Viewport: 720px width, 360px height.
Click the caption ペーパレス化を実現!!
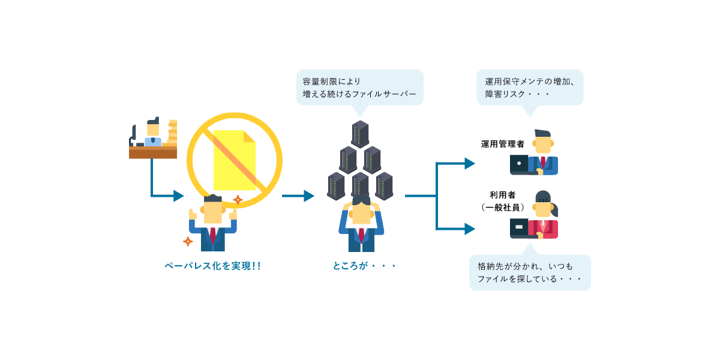[x=212, y=265]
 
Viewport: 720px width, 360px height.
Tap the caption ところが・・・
[x=364, y=265]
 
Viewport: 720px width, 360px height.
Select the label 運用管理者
[x=503, y=144]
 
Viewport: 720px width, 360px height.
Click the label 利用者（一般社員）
[x=503, y=201]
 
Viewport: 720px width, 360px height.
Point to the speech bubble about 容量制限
[x=359, y=87]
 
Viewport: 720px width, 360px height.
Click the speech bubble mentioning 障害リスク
[x=530, y=88]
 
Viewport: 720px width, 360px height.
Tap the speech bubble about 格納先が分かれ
[x=530, y=272]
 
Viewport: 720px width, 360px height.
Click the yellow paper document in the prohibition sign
[x=234, y=160]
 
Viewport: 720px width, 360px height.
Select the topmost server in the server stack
[x=360, y=134]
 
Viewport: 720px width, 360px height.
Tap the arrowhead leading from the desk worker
[x=178, y=196]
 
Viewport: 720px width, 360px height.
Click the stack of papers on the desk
[x=173, y=133]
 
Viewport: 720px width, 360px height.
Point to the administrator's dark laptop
[x=519, y=163]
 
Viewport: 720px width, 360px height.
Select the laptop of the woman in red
[x=519, y=227]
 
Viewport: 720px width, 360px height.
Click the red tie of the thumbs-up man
[x=212, y=235]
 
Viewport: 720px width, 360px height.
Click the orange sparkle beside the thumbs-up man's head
[x=238, y=200]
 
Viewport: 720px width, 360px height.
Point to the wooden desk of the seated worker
[x=153, y=152]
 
